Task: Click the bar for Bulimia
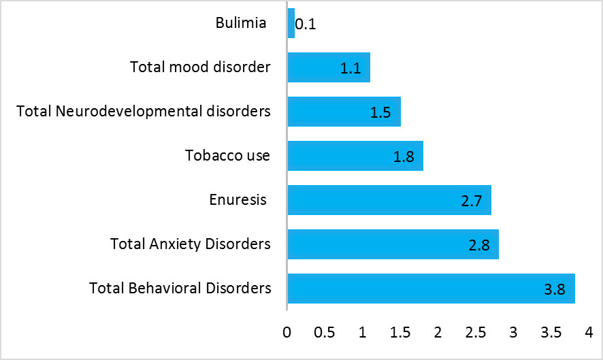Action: pos(291,23)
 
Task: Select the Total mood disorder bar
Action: pos(329,67)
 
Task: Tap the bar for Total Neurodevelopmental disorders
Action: pos(344,112)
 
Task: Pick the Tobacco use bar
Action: pos(355,156)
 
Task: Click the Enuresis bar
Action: pos(389,200)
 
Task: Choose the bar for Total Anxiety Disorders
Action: pos(393,244)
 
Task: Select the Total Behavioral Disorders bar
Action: pos(431,289)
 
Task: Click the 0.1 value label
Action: pos(306,24)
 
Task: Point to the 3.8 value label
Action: pos(555,289)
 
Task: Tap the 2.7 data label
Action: pos(472,201)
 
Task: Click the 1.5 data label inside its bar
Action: pos(380,112)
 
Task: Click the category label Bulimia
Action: pos(241,22)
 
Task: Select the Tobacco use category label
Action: pos(228,155)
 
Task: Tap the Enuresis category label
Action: pos(238,199)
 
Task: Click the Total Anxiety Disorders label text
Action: pos(191,244)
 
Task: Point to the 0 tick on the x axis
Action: pos(287,332)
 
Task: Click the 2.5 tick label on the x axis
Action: pos(476,332)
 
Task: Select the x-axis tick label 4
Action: pos(589,332)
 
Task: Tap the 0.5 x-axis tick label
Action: pos(324,332)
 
